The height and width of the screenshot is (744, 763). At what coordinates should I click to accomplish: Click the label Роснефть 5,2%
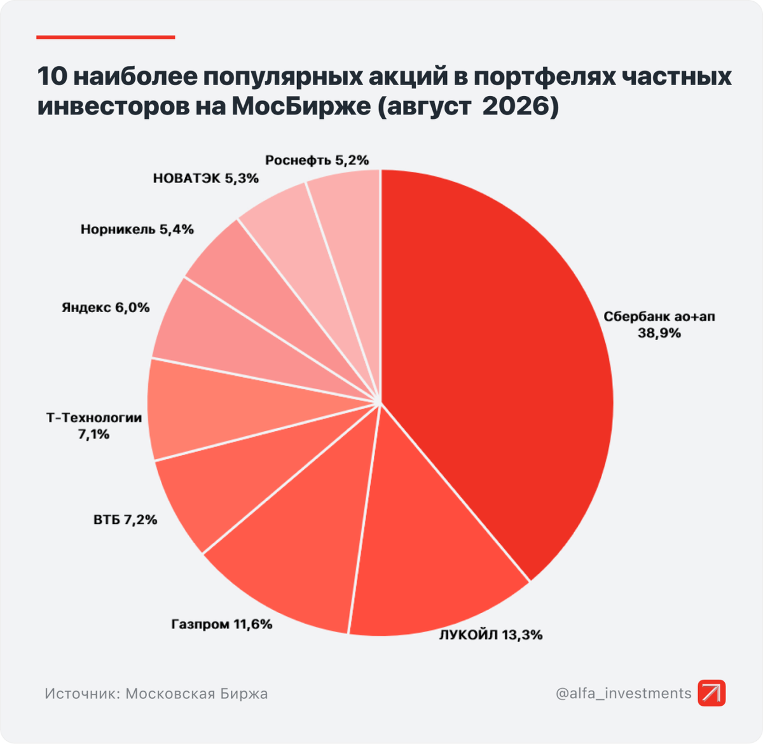pyautogui.click(x=317, y=160)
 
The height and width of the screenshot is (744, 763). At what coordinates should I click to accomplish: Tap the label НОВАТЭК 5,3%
pyautogui.click(x=206, y=179)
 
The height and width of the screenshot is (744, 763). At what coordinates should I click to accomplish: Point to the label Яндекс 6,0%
pyautogui.click(x=106, y=308)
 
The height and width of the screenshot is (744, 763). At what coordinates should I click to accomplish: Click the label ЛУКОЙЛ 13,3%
pyautogui.click(x=490, y=635)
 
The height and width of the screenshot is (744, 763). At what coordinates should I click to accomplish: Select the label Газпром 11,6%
pyautogui.click(x=221, y=624)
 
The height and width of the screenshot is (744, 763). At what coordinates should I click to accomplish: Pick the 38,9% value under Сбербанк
pyautogui.click(x=659, y=333)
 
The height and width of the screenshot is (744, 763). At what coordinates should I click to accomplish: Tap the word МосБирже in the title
pyautogui.click(x=301, y=106)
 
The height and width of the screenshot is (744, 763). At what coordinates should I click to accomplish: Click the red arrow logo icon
pyautogui.click(x=711, y=693)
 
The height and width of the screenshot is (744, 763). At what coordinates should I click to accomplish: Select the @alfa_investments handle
pyautogui.click(x=623, y=693)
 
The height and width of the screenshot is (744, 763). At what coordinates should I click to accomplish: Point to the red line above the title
pyautogui.click(x=106, y=38)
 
